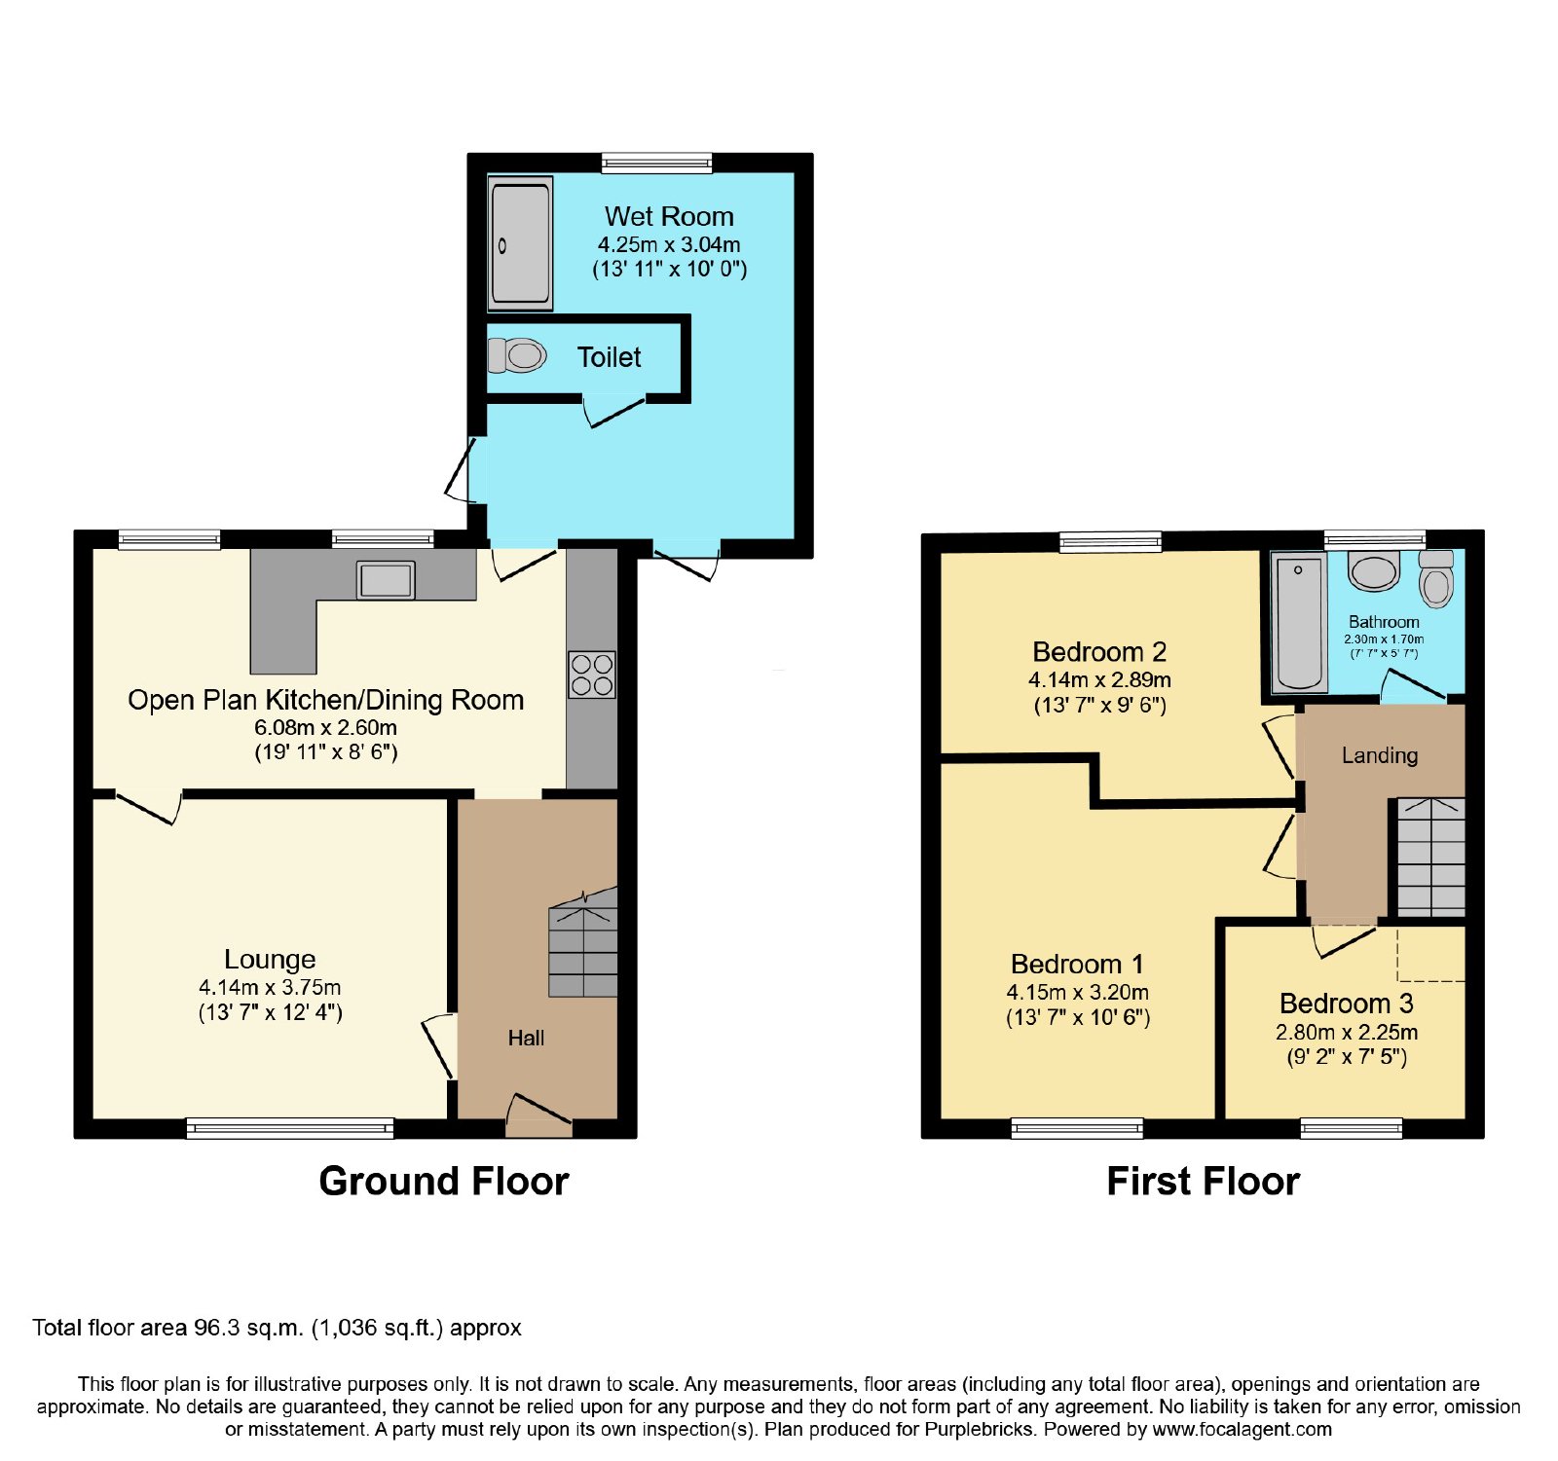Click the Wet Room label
click(669, 216)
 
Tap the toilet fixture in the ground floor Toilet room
click(516, 355)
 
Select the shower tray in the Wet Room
click(520, 243)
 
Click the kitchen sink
click(386, 580)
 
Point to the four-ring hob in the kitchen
click(592, 675)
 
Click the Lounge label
click(270, 960)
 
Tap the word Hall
click(526, 1039)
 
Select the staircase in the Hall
click(583, 943)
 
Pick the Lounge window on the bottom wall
click(290, 1128)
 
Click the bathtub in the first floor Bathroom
click(1300, 623)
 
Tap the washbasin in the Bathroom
click(1374, 570)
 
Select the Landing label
click(1380, 755)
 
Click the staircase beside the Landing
click(1431, 857)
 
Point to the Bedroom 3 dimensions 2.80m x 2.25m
click(1347, 1032)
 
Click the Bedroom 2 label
click(1099, 651)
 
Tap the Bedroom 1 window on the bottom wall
click(1077, 1128)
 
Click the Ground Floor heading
click(444, 1181)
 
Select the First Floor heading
click(1204, 1181)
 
